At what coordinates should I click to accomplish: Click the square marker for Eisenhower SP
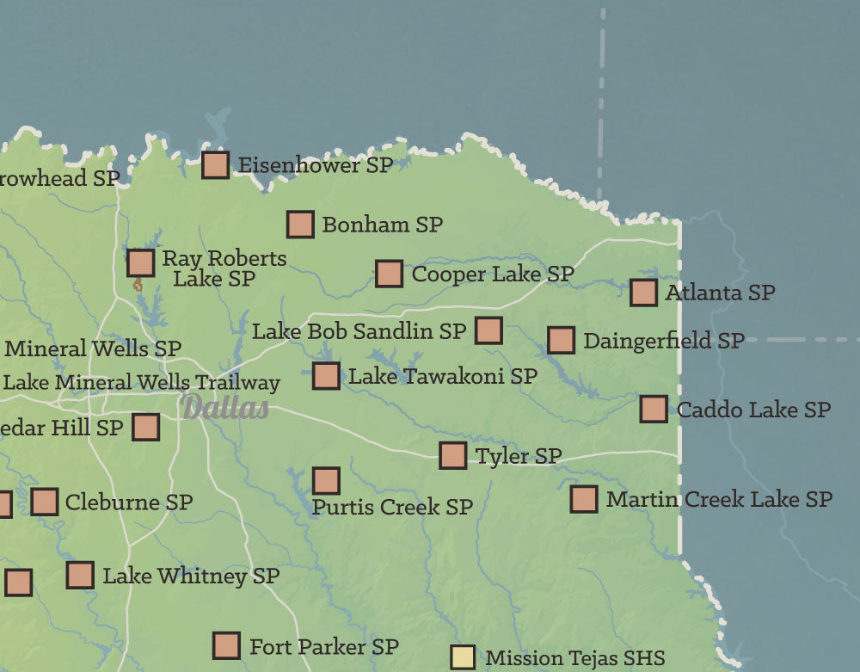[x=215, y=164]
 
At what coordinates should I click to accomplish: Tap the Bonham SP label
[x=382, y=225]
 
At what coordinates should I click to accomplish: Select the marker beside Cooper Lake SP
[x=389, y=274]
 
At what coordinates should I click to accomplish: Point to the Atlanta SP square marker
[x=643, y=293]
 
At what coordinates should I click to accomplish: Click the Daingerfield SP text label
[x=663, y=341]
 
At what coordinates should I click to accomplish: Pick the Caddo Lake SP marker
[x=654, y=409]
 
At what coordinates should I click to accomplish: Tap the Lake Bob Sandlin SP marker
[x=488, y=330]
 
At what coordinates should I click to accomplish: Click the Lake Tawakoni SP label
[x=442, y=376]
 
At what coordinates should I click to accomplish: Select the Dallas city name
[x=225, y=407]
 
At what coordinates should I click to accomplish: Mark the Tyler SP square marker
[x=452, y=455]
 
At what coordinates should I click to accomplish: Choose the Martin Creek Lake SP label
[x=719, y=499]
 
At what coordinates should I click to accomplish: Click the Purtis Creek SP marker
[x=326, y=480]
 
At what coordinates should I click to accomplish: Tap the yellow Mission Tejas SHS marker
[x=463, y=657]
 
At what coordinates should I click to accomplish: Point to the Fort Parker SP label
[x=323, y=645]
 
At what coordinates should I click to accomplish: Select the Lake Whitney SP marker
[x=80, y=575]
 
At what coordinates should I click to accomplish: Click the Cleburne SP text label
[x=128, y=502]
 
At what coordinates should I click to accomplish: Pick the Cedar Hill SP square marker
[x=145, y=427]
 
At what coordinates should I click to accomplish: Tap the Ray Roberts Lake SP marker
[x=141, y=262]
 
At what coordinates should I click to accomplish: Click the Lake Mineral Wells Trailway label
[x=142, y=382]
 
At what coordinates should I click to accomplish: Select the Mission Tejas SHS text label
[x=575, y=658]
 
